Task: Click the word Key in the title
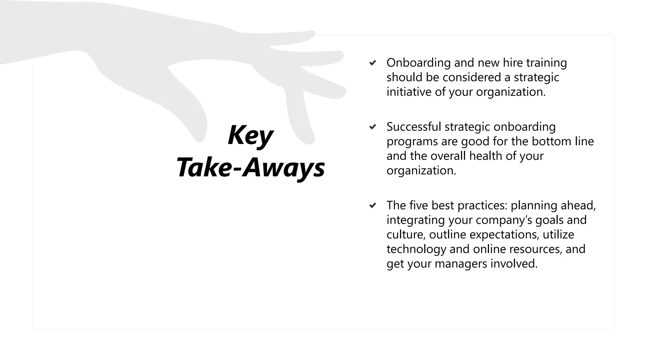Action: pyautogui.click(x=251, y=135)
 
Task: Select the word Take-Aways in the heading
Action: pyautogui.click(x=251, y=167)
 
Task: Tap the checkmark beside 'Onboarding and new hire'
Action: pyautogui.click(x=373, y=63)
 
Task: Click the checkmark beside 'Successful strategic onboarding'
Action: pyautogui.click(x=373, y=127)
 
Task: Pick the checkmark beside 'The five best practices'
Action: pyautogui.click(x=373, y=206)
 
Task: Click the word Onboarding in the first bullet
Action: pyautogui.click(x=418, y=63)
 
